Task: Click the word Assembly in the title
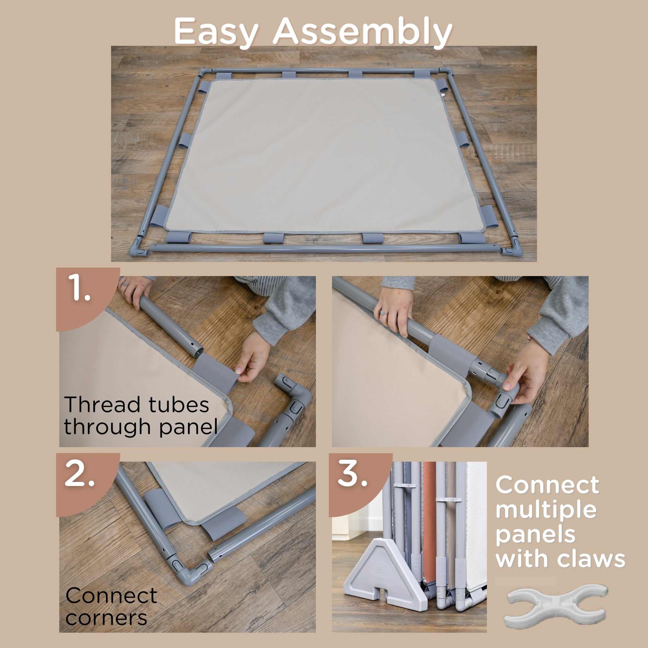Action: click(362, 31)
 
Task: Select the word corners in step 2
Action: click(106, 618)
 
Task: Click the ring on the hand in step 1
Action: click(125, 284)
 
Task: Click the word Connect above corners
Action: click(111, 595)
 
